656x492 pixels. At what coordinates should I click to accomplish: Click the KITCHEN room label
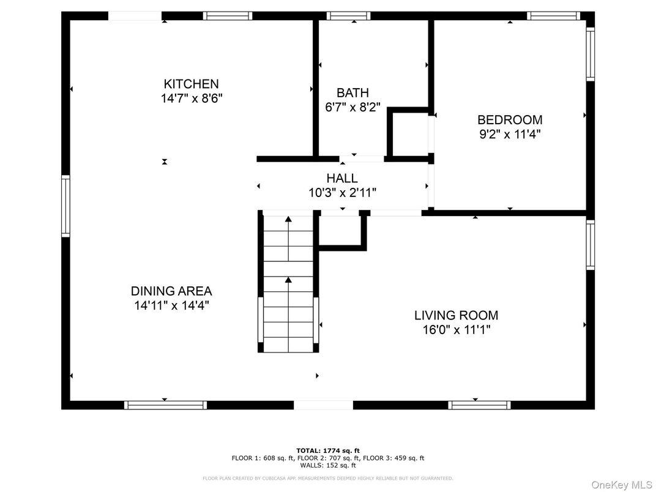191,84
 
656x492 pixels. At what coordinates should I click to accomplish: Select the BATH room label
352,93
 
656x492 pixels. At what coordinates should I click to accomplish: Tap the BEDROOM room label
510,120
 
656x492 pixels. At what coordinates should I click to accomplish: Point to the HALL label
342,178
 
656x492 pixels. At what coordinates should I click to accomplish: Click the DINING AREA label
171,291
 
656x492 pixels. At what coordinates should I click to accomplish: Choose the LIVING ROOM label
456,316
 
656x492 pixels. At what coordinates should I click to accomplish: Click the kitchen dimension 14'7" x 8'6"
191,99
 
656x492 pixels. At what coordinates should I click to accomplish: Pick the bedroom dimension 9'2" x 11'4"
510,134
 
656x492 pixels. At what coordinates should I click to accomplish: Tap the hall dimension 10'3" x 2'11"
342,193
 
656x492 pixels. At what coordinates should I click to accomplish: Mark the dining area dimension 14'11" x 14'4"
171,305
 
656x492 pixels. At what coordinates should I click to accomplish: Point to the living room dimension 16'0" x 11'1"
456,330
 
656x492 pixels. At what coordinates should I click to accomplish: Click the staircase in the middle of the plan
288,283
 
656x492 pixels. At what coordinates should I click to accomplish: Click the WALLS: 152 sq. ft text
327,465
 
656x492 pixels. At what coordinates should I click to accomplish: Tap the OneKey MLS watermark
621,484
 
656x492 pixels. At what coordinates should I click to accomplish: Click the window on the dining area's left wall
65,206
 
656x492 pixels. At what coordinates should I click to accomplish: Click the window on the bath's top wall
348,16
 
